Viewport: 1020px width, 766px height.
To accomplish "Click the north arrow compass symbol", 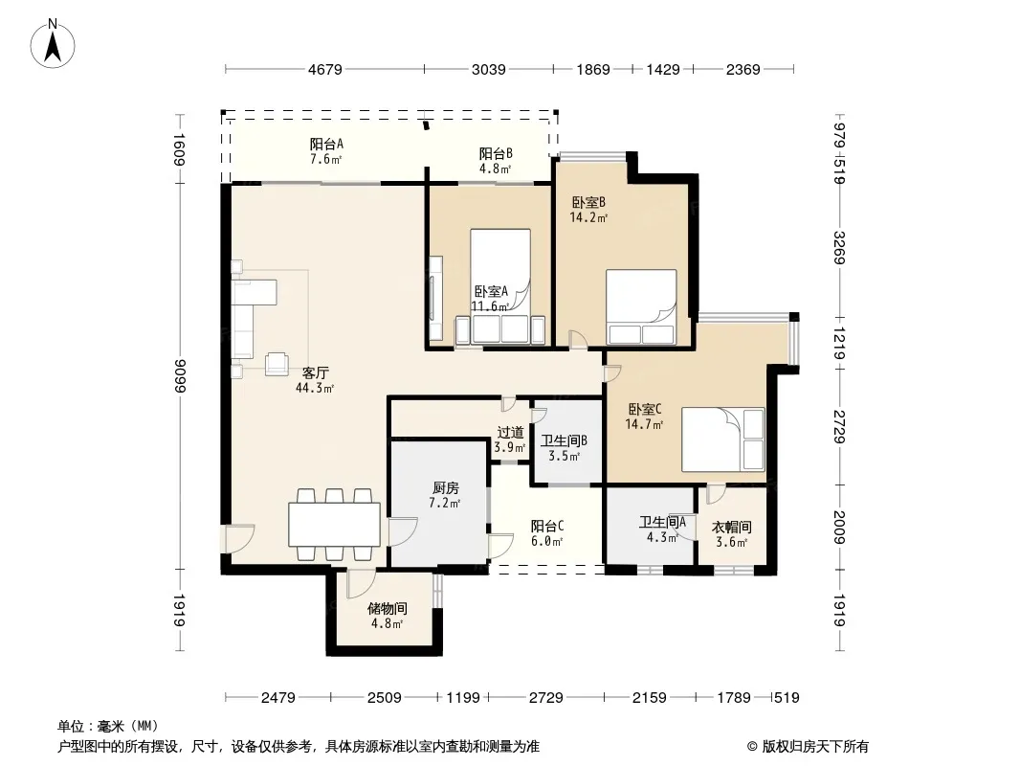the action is pyautogui.click(x=53, y=44).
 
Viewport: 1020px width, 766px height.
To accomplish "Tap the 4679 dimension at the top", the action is pyautogui.click(x=324, y=69).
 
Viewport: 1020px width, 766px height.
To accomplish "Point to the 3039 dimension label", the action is pyautogui.click(x=489, y=69).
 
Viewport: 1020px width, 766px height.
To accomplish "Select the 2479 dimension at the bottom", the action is pyautogui.click(x=277, y=698).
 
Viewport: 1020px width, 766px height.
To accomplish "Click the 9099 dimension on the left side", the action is pyautogui.click(x=180, y=376).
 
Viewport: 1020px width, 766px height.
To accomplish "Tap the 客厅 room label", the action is pyautogui.click(x=316, y=372).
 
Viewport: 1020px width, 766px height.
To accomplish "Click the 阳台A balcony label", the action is pyautogui.click(x=326, y=144).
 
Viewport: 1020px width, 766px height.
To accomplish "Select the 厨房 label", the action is pyautogui.click(x=446, y=487).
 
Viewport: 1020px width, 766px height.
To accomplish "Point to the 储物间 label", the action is pyautogui.click(x=388, y=609).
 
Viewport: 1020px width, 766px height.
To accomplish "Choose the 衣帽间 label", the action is pyautogui.click(x=732, y=528).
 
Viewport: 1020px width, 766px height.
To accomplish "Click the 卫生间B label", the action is pyautogui.click(x=564, y=440).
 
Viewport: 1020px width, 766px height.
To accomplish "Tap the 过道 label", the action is pyautogui.click(x=510, y=432).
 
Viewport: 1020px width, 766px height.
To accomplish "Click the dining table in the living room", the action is pyautogui.click(x=334, y=525).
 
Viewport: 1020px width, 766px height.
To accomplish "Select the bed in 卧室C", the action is pyautogui.click(x=723, y=439).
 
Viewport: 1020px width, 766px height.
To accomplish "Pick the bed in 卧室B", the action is pyautogui.click(x=641, y=306).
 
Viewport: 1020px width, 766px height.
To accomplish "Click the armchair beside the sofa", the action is pyautogui.click(x=277, y=363).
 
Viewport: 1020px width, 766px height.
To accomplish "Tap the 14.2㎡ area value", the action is pyautogui.click(x=588, y=218).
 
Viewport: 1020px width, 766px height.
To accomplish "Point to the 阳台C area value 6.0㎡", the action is pyautogui.click(x=546, y=541).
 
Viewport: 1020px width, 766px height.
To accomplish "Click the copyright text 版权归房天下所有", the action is pyautogui.click(x=815, y=747).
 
